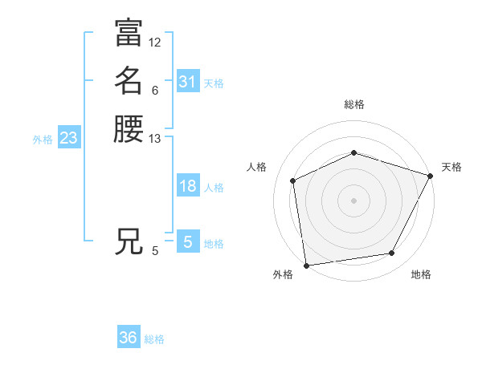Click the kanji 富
[129, 32]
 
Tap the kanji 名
[129, 80]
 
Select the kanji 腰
[129, 128]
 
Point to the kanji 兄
[129, 241]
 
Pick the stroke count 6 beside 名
[154, 90]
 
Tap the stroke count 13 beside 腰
[155, 139]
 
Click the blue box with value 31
[187, 82]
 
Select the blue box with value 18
[187, 186]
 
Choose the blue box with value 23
[68, 139]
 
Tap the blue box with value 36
[128, 338]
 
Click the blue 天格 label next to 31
[214, 83]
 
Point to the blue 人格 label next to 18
[214, 188]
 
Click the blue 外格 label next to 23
[43, 140]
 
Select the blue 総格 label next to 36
[154, 339]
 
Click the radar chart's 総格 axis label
[353, 104]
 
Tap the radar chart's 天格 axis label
[451, 167]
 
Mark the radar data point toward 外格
[306, 265]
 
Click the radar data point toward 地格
[392, 253]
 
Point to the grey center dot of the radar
[353, 200]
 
